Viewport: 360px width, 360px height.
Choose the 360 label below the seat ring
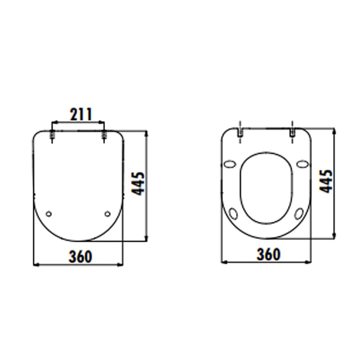(269, 254)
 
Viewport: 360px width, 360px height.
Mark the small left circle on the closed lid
(50, 213)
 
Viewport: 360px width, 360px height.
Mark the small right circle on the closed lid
(107, 213)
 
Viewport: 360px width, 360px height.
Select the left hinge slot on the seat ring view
(240, 134)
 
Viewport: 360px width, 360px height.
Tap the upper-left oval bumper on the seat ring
(230, 165)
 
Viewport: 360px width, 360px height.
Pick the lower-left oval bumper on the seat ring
(234, 213)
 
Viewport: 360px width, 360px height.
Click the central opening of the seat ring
(266, 188)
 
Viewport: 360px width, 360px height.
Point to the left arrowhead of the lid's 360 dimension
(35, 265)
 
